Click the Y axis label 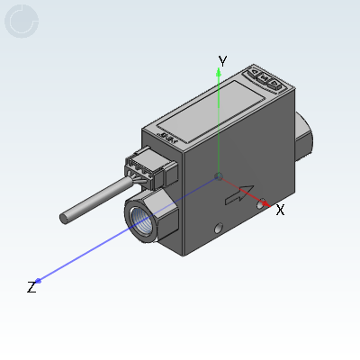tap(222, 61)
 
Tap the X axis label tap(280, 210)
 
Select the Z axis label tap(31, 287)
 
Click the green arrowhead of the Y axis tap(219, 72)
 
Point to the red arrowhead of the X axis tap(265, 203)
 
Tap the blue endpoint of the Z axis tap(38, 281)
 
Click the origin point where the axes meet tap(220, 176)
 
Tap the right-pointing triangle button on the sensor tap(274, 84)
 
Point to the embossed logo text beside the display tap(169, 138)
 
